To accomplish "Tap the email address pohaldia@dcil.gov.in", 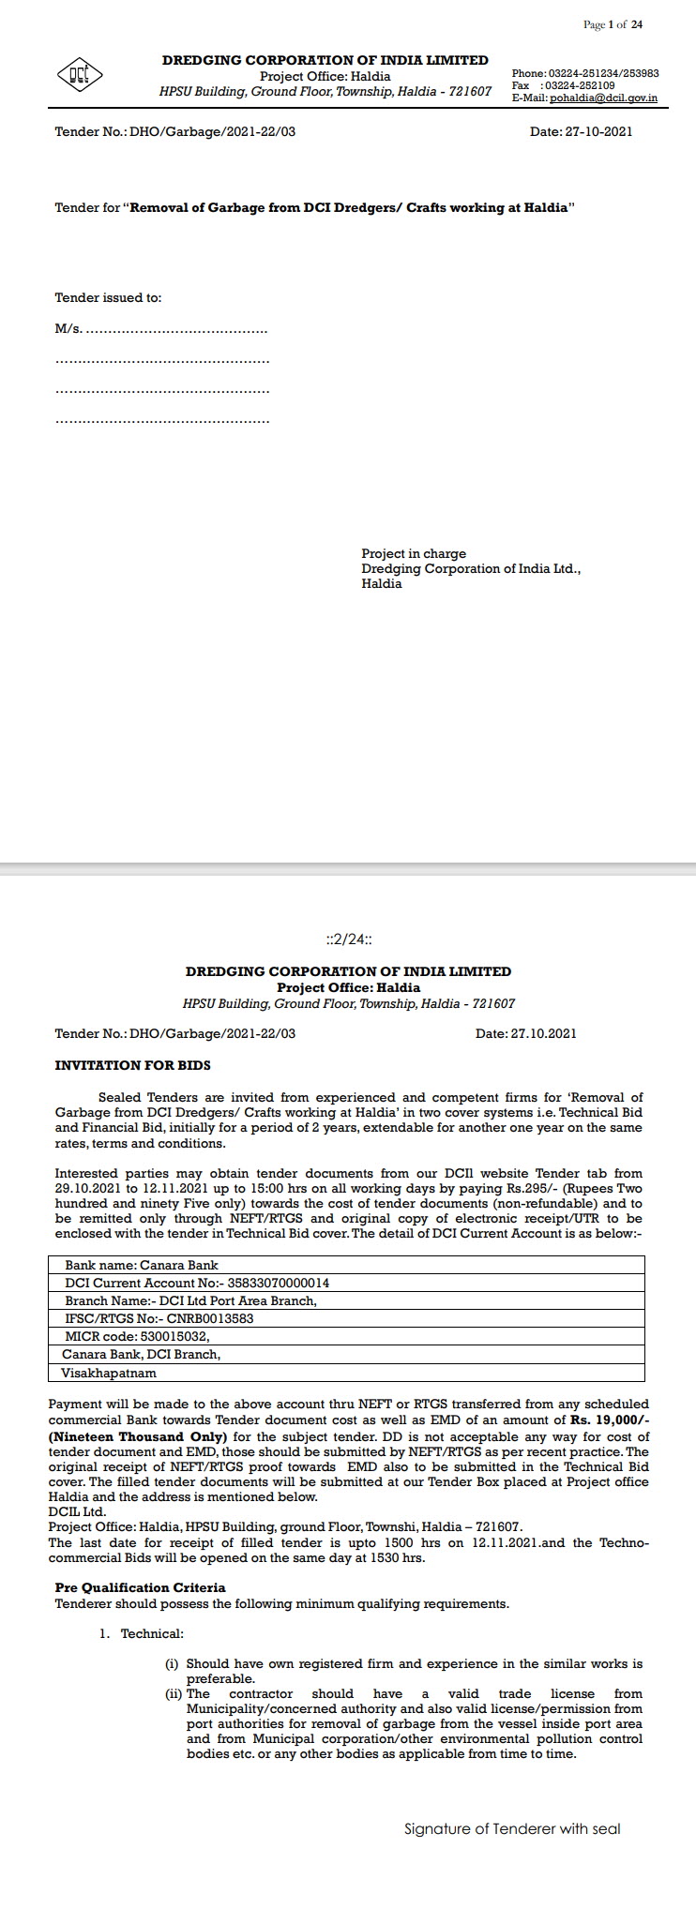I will click(x=603, y=98).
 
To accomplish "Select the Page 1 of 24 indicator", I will click(x=613, y=25).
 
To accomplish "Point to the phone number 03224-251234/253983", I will click(x=603, y=73).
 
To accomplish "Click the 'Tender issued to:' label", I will click(x=108, y=298).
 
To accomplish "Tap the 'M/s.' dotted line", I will click(x=161, y=329).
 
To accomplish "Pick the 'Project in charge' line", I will click(x=414, y=554).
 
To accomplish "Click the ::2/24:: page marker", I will click(x=348, y=939).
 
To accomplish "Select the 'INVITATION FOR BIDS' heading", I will click(x=132, y=1066).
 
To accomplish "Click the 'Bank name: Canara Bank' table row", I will click(x=142, y=1266).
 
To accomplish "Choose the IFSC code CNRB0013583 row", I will click(x=159, y=1318).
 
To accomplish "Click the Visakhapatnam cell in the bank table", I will click(x=109, y=1373).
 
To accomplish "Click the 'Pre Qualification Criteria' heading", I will click(x=140, y=1588).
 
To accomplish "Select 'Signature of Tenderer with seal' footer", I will click(x=512, y=1829).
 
